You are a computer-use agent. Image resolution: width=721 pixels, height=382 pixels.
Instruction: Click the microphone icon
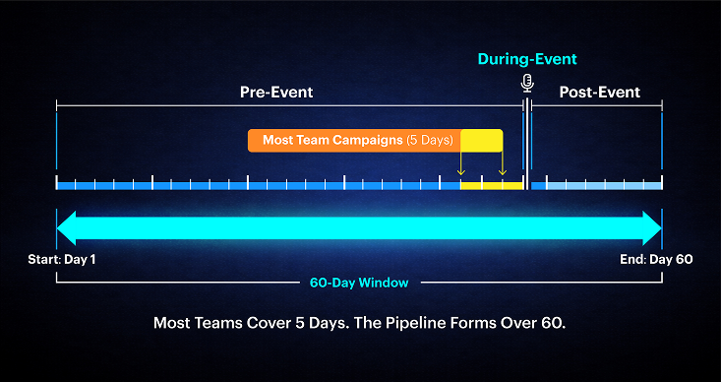(x=526, y=83)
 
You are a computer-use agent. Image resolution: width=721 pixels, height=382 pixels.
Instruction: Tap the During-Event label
(x=526, y=59)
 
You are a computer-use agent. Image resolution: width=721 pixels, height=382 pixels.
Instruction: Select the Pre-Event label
(x=276, y=93)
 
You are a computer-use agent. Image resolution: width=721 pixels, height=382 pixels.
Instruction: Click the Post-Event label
(x=599, y=93)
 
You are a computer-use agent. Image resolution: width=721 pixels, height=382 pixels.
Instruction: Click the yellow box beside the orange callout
(x=482, y=140)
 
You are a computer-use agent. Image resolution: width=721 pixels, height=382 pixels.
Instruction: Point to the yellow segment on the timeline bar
(x=491, y=185)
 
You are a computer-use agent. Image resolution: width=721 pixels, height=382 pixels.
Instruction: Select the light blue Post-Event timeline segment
(x=603, y=185)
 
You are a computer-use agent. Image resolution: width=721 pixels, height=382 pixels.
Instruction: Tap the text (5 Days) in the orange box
(x=429, y=140)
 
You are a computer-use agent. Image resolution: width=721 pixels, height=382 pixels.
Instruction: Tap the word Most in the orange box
(x=278, y=140)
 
